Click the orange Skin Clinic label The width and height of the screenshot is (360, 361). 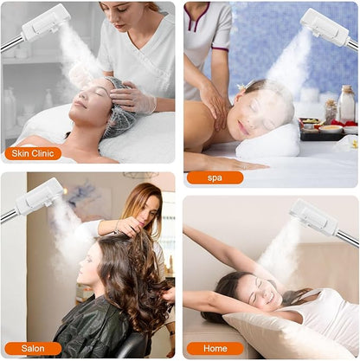32,154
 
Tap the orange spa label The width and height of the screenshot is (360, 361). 215,177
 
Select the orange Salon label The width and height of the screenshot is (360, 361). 32,348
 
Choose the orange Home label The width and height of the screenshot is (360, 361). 215,348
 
